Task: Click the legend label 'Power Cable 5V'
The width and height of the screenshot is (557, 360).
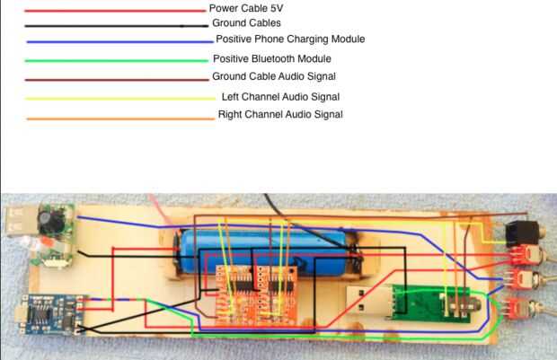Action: click(x=246, y=8)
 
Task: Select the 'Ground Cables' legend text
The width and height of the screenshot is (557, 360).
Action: click(x=246, y=23)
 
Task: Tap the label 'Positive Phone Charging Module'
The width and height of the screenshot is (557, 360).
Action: click(x=290, y=40)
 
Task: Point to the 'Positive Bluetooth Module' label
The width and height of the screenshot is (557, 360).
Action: click(x=272, y=58)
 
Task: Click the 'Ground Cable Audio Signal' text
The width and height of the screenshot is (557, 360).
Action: click(x=274, y=77)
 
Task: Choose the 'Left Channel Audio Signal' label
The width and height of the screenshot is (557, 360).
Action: click(x=279, y=96)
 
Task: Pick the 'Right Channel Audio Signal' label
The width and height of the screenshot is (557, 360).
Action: click(x=279, y=115)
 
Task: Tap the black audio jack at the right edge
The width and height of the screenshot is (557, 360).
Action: click(x=520, y=235)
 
